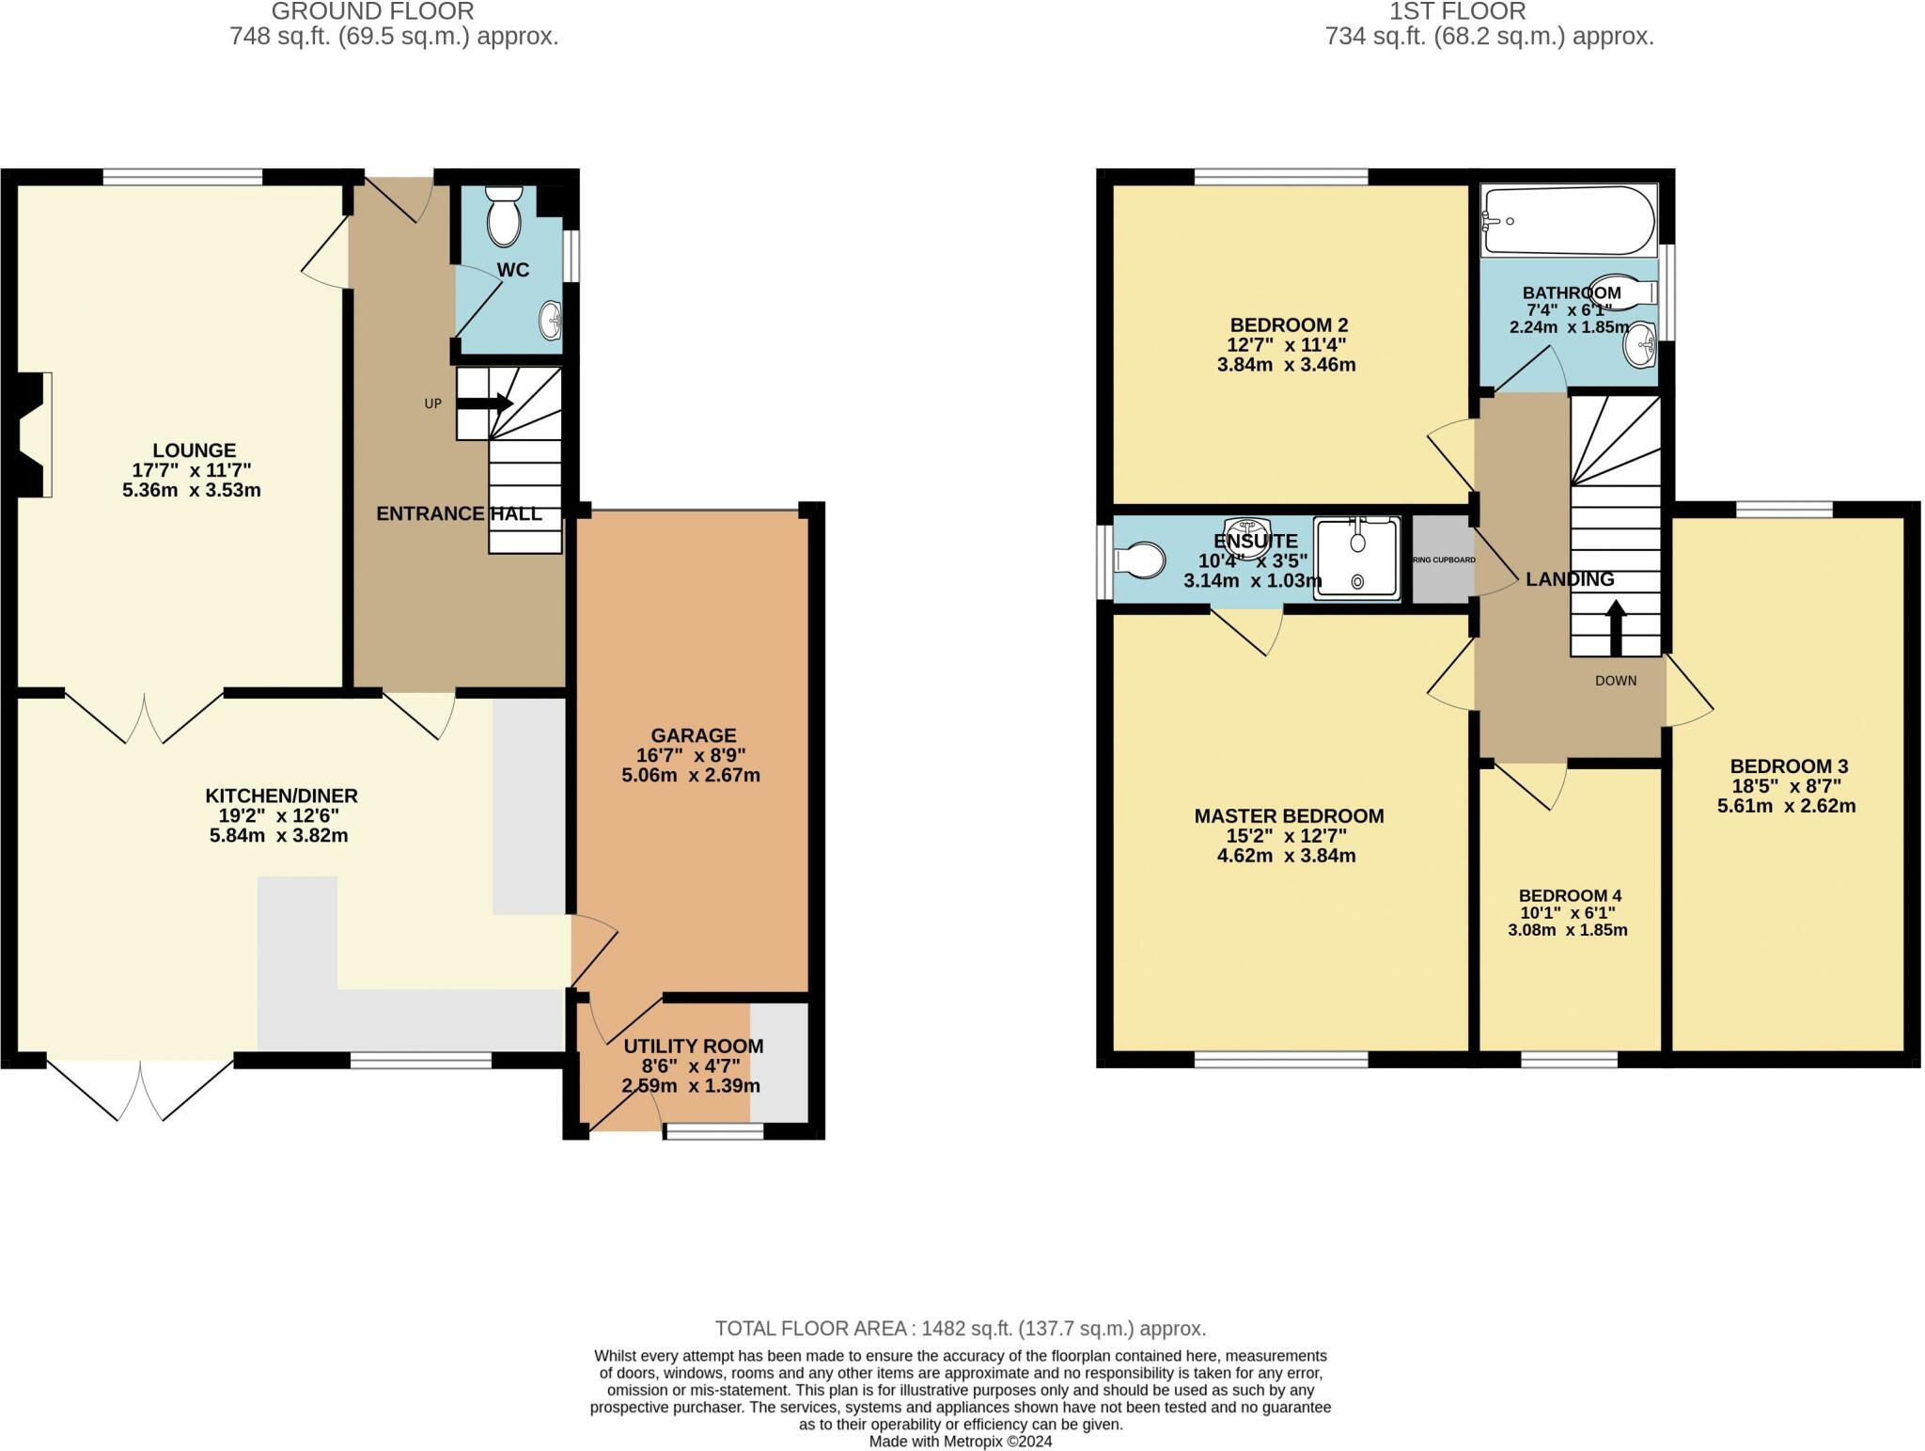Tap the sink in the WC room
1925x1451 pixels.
552,322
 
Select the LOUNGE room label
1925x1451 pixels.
195,450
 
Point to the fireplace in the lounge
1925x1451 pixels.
36,434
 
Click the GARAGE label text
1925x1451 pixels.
694,735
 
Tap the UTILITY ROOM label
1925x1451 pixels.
694,1046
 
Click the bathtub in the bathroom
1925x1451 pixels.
1568,221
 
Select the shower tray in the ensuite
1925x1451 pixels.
1357,558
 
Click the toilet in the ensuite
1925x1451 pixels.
1136,560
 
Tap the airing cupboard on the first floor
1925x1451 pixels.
1442,560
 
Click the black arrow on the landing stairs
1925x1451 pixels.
1616,628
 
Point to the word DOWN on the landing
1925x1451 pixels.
1616,681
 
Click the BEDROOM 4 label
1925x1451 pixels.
1570,895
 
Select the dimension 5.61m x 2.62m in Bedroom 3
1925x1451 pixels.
1786,806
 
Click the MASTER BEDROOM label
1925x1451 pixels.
1289,816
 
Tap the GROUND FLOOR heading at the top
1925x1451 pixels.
372,11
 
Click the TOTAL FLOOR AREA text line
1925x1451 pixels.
960,1329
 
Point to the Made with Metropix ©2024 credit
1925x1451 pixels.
960,1442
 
